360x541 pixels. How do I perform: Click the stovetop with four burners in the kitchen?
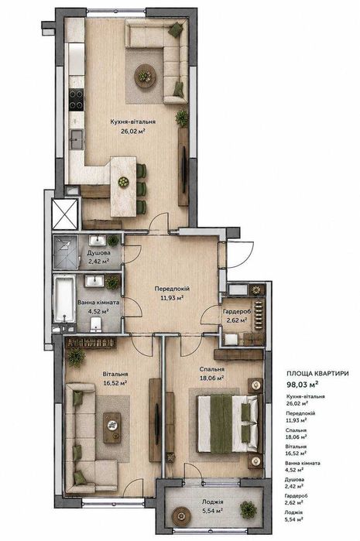pos(76,99)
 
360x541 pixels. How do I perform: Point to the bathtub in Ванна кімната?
pos(64,299)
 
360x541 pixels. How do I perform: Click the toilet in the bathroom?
pos(96,324)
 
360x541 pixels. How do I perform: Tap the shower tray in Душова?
pos(66,252)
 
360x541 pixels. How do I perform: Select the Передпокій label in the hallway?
pos(172,289)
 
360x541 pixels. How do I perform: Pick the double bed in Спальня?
pos(227,423)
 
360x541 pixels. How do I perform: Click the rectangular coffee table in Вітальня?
pos(112,427)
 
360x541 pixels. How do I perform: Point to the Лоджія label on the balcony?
pos(212,502)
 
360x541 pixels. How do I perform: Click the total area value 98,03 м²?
pos(302,383)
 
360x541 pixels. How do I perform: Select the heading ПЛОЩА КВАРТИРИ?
pos(317,373)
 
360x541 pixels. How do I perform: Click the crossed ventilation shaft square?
pos(64,214)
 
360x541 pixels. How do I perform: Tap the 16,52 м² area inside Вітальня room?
pos(115,382)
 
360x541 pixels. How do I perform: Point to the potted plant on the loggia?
pos(249,509)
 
